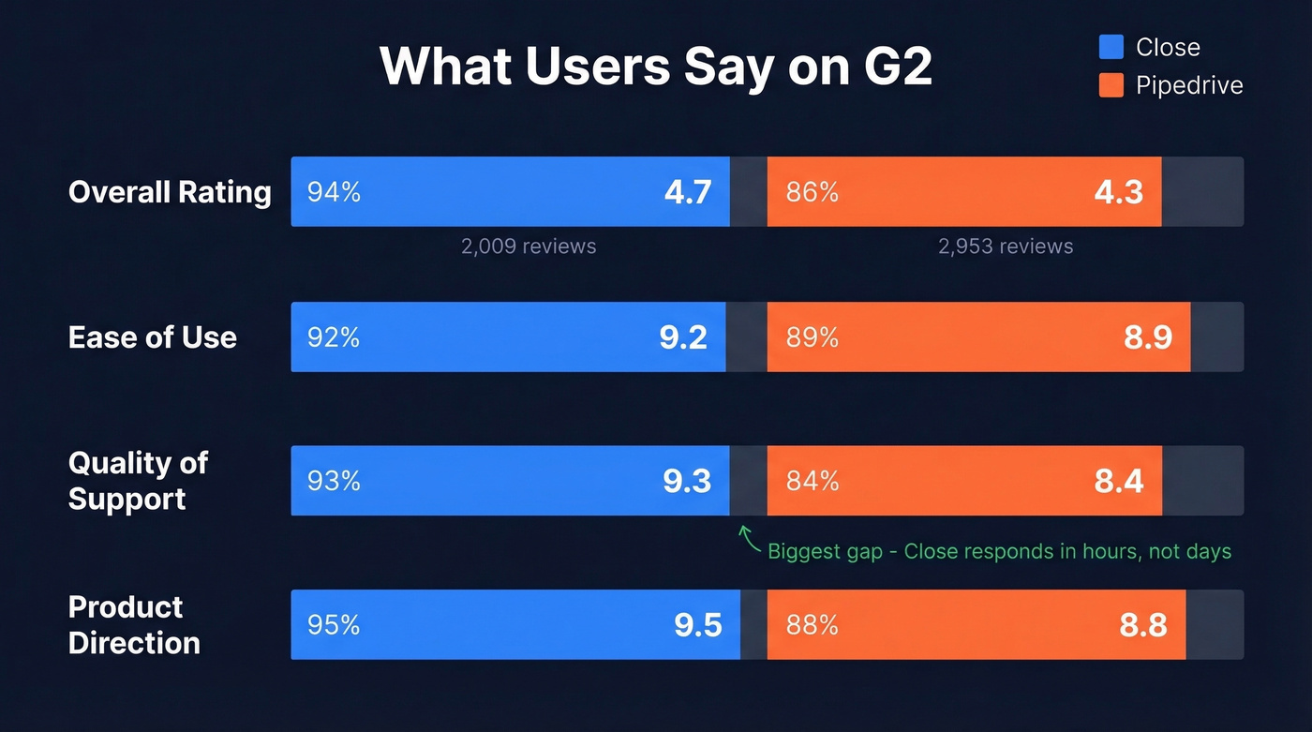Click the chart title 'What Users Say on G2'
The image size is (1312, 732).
[655, 66]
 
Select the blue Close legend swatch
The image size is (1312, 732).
[1111, 47]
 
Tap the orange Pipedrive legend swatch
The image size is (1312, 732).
[1111, 85]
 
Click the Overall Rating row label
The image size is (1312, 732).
[170, 192]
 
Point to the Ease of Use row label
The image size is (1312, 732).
[153, 337]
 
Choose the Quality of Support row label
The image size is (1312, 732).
[138, 481]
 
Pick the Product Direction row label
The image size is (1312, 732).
[134, 625]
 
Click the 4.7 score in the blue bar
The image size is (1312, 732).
[688, 192]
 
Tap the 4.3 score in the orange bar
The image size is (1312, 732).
[1119, 192]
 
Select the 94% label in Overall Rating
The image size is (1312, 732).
[334, 192]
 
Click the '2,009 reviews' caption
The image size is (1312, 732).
[529, 246]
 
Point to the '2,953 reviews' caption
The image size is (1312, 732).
[1006, 246]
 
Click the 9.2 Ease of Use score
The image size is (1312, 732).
[683, 337]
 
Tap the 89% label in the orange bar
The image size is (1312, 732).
[813, 337]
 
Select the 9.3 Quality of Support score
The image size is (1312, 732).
[687, 481]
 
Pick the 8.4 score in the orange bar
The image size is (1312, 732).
[1119, 481]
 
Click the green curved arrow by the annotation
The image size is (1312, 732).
[748, 537]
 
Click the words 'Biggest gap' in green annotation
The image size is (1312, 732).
[825, 551]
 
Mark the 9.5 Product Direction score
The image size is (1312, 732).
[698, 625]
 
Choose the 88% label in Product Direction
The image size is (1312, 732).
[813, 625]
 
